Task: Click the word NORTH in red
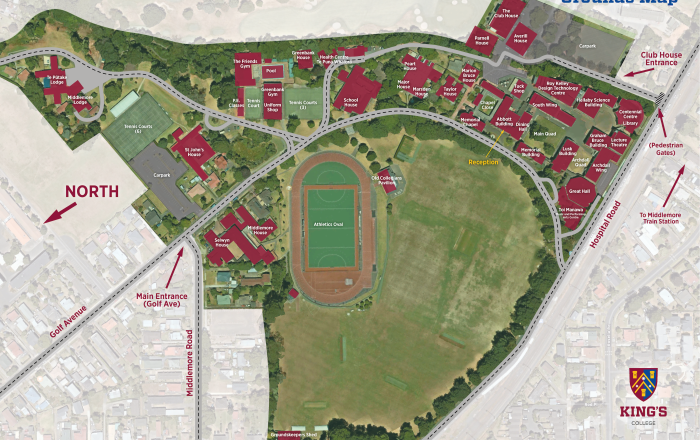tap(91, 191)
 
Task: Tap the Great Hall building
tap(579, 189)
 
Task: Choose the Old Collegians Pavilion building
tap(385, 181)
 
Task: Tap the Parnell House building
tap(481, 40)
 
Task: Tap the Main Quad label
tap(544, 133)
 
